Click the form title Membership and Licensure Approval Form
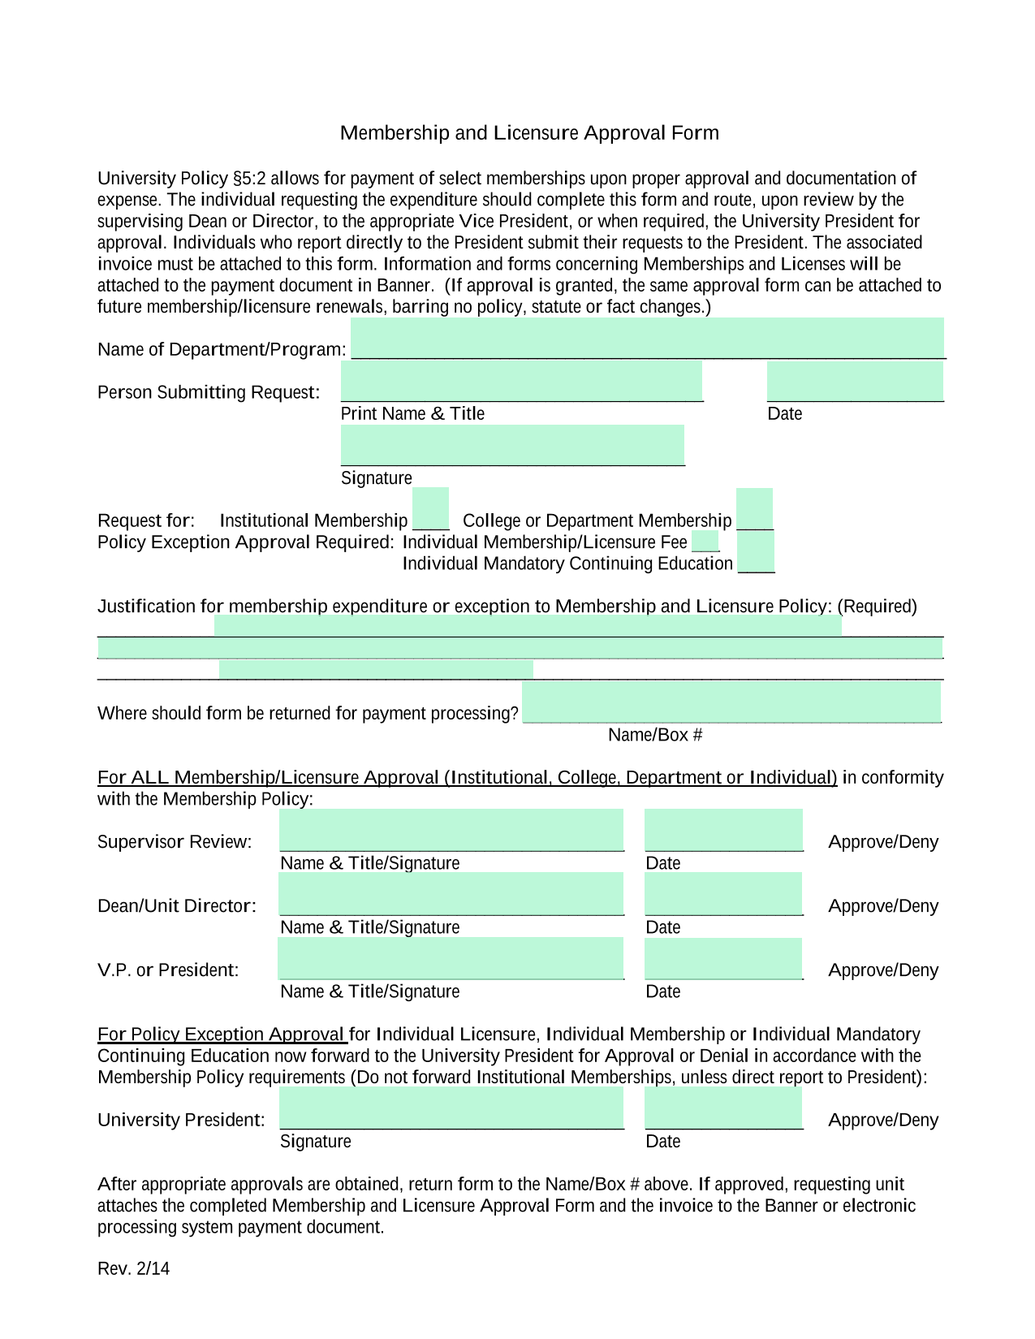(x=529, y=133)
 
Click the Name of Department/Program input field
(x=647, y=338)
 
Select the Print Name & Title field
(x=521, y=381)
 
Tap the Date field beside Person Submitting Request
(x=855, y=381)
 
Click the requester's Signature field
(x=512, y=445)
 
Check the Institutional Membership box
(x=430, y=509)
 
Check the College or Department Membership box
(x=754, y=509)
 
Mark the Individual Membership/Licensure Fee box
(x=705, y=541)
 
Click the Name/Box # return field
(x=731, y=702)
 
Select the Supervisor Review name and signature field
(x=451, y=830)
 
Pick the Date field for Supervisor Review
(x=723, y=830)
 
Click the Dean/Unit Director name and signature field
(x=451, y=894)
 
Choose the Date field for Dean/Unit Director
(x=723, y=894)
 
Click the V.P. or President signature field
(x=451, y=958)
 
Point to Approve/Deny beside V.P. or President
(x=882, y=970)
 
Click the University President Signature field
(x=451, y=1108)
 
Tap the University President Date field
(x=723, y=1108)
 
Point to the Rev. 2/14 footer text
(x=134, y=1268)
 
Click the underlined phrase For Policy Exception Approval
(x=222, y=1034)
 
